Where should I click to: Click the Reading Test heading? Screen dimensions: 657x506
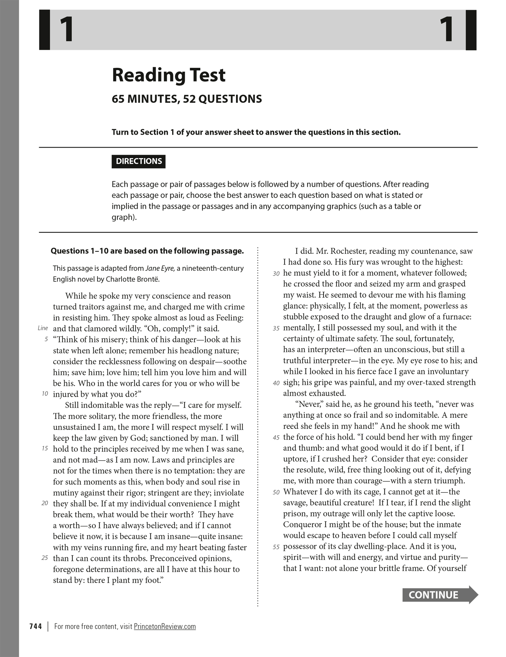[168, 75]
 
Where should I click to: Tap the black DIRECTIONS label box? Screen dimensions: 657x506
[139, 161]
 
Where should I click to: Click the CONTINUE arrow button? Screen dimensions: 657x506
[440, 594]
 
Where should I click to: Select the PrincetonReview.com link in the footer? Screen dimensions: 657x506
[165, 626]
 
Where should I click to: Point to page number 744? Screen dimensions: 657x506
[35, 626]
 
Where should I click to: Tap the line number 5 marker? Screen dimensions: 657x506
[46, 339]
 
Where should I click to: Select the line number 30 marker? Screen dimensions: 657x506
[276, 273]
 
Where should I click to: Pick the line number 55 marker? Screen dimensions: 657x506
[276, 547]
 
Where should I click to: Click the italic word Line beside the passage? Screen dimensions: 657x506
[43, 328]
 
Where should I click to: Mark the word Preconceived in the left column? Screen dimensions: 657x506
[173, 558]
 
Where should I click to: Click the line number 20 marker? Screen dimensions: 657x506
[45, 503]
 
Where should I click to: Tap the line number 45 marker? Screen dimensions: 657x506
[276, 437]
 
